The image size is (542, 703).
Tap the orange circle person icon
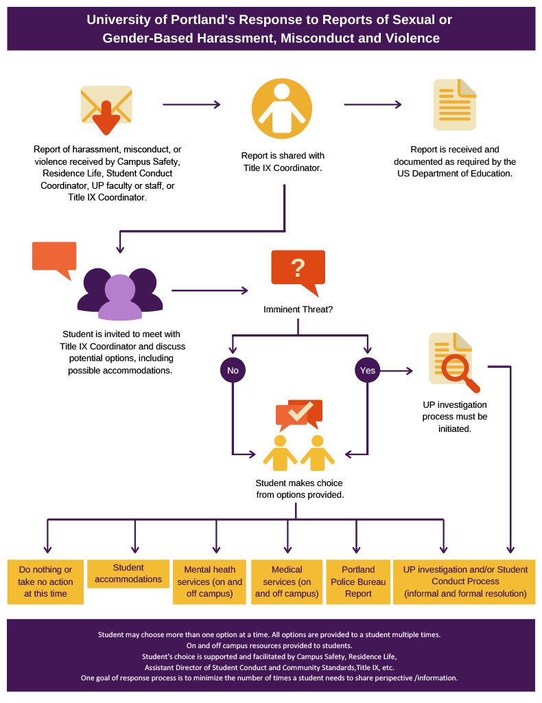(x=281, y=108)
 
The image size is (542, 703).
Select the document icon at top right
(x=454, y=104)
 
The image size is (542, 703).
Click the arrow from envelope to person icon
(x=191, y=105)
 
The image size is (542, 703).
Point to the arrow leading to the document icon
(x=373, y=105)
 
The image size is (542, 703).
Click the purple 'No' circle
(x=233, y=371)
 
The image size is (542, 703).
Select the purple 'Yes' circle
(x=368, y=371)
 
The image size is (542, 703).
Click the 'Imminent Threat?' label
(x=298, y=310)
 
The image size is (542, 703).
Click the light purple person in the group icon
(x=120, y=298)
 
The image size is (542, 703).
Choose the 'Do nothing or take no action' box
(x=45, y=581)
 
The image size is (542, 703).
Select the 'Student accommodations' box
(x=129, y=573)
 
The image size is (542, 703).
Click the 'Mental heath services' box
(x=210, y=581)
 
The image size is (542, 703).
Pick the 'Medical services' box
(x=287, y=581)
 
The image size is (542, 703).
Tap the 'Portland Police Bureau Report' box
(x=358, y=581)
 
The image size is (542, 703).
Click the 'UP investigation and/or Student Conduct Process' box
(x=464, y=581)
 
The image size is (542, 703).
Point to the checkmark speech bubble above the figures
(x=299, y=413)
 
